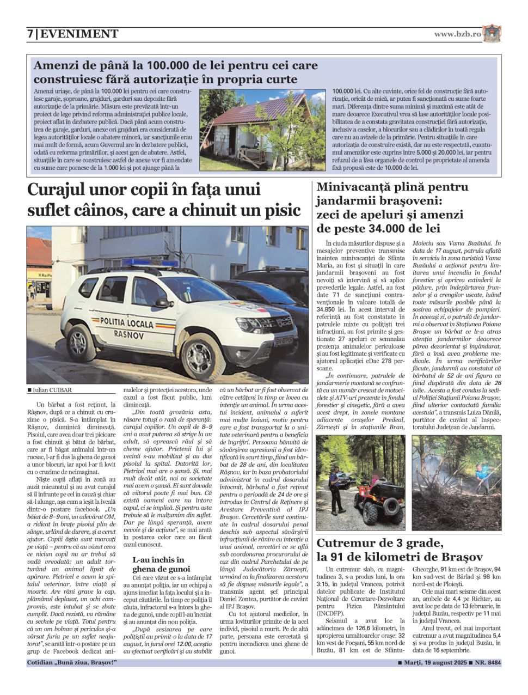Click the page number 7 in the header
point(30,34)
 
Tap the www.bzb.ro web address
point(457,34)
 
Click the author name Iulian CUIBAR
point(52,390)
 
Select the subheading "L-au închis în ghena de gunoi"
point(161,564)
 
